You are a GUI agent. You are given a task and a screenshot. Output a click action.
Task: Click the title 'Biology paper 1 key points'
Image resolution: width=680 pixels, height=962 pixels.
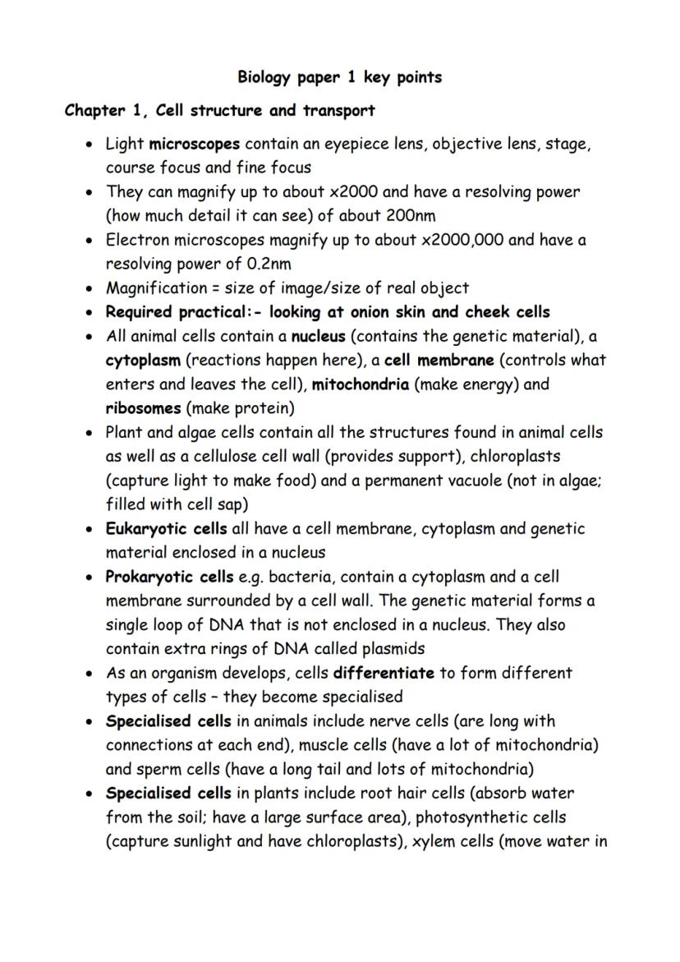[339, 77]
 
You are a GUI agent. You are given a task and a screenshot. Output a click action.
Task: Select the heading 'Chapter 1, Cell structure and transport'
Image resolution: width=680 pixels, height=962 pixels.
[219, 110]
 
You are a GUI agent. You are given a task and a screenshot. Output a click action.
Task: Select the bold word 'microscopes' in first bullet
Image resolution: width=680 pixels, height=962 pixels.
[195, 144]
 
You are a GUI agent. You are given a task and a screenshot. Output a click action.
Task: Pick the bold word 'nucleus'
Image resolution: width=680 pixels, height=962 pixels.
[319, 336]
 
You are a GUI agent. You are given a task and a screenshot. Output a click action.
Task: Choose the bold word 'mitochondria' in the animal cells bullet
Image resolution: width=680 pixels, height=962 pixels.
[361, 384]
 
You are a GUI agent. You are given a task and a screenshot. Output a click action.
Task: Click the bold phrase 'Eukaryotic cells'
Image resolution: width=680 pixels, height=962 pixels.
[166, 528]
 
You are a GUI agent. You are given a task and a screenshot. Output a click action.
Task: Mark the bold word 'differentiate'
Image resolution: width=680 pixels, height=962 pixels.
[384, 673]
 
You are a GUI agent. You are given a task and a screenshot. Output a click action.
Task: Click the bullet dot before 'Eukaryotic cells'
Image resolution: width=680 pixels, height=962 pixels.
[90, 529]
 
